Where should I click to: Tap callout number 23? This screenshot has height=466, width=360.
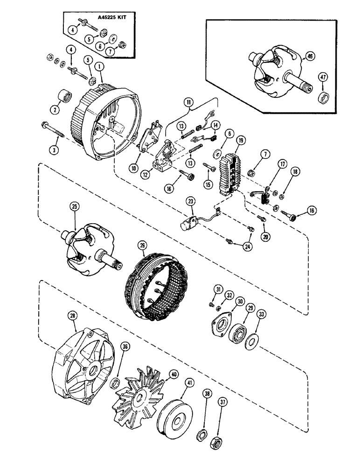coord(191,201)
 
